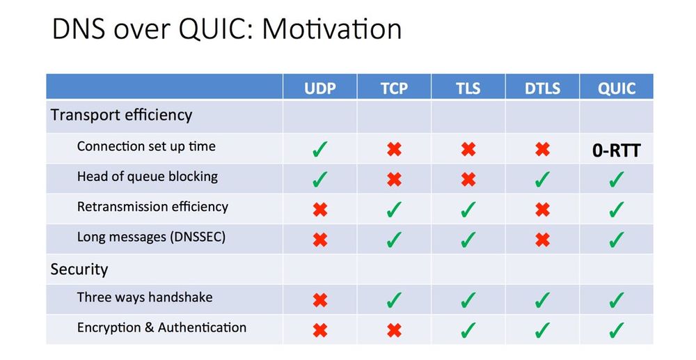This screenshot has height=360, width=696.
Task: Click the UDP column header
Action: pyautogui.click(x=320, y=88)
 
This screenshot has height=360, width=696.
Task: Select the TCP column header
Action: pyautogui.click(x=394, y=88)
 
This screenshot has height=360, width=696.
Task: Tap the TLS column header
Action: pyautogui.click(x=468, y=88)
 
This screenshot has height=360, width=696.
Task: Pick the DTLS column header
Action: pyautogui.click(x=542, y=88)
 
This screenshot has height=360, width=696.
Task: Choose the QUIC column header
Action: pyautogui.click(x=617, y=88)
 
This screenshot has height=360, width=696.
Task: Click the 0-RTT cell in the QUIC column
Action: pyautogui.click(x=617, y=149)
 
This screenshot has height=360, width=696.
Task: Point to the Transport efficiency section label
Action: pyautogui.click(x=121, y=115)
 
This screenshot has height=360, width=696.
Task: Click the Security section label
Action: pyautogui.click(x=79, y=269)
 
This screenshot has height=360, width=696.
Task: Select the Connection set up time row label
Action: pyautogui.click(x=146, y=146)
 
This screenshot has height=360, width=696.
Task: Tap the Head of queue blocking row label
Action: pyautogui.click(x=147, y=176)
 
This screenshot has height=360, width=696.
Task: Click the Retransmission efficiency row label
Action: pyautogui.click(x=152, y=207)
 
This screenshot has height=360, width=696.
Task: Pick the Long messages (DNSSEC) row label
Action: pyautogui.click(x=151, y=237)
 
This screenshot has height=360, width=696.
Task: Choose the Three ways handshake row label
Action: pyautogui.click(x=145, y=297)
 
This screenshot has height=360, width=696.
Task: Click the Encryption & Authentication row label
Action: pyautogui.click(x=161, y=327)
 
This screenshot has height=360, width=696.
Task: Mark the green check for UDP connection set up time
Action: pyautogui.click(x=320, y=149)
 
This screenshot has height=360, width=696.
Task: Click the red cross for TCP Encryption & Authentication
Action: pyautogui.click(x=394, y=330)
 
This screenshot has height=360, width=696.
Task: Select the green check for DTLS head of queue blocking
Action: pyautogui.click(x=542, y=180)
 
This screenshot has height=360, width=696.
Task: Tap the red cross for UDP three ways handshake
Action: pyautogui.click(x=320, y=300)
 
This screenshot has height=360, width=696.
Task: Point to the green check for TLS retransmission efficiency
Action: pyautogui.click(x=468, y=210)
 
